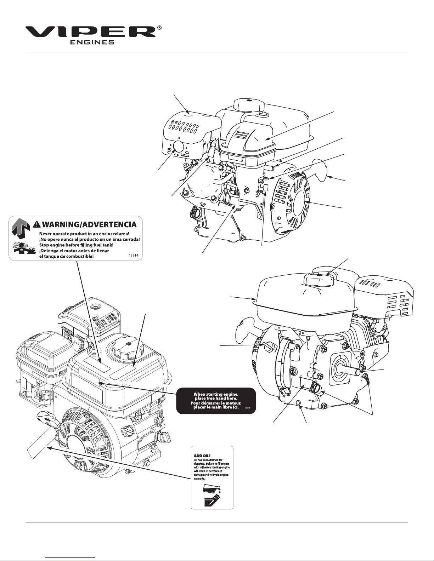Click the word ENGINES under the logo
(x=91, y=42)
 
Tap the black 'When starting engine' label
(x=216, y=401)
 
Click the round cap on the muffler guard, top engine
(x=178, y=146)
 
